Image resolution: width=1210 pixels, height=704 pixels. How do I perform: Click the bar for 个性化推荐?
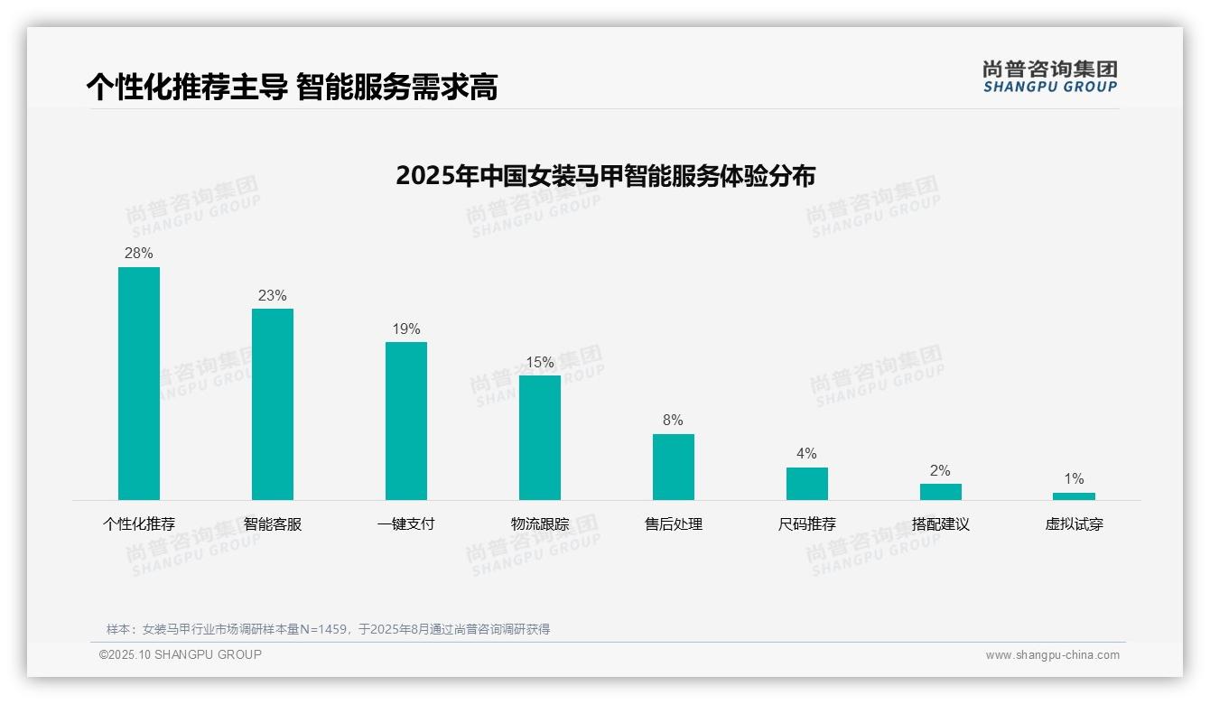(x=139, y=384)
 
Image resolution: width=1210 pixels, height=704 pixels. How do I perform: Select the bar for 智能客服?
(x=273, y=404)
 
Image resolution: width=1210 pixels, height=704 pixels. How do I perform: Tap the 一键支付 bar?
(x=406, y=421)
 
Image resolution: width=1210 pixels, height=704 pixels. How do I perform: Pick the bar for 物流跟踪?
(x=540, y=438)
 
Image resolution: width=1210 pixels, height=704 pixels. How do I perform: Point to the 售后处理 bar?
(x=674, y=467)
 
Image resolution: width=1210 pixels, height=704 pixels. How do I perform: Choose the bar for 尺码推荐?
(x=807, y=484)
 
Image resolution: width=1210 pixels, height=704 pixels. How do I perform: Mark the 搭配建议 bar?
(x=941, y=492)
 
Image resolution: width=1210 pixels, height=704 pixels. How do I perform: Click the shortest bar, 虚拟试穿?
(x=1074, y=496)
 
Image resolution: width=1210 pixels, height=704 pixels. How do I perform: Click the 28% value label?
(x=139, y=254)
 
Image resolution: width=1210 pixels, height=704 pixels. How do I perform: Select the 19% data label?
(x=406, y=329)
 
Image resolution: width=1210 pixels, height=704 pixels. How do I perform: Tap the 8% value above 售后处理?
(x=674, y=421)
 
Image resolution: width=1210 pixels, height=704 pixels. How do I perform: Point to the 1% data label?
(x=1074, y=479)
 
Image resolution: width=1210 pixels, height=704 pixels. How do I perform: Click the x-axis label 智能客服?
(x=273, y=524)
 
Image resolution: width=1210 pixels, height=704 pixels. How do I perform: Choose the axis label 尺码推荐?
(x=807, y=524)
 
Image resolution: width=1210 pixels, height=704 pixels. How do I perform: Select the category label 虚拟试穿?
(x=1074, y=524)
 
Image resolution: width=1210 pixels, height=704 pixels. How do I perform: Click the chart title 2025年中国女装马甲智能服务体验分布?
(x=605, y=175)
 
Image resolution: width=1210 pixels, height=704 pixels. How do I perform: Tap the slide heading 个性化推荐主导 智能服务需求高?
(x=292, y=88)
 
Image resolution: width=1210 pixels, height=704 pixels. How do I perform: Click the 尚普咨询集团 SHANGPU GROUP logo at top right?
(x=1050, y=77)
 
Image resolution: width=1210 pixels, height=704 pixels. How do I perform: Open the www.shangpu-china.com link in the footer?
(x=1052, y=655)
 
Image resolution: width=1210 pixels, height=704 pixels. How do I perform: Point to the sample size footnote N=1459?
(x=328, y=629)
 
